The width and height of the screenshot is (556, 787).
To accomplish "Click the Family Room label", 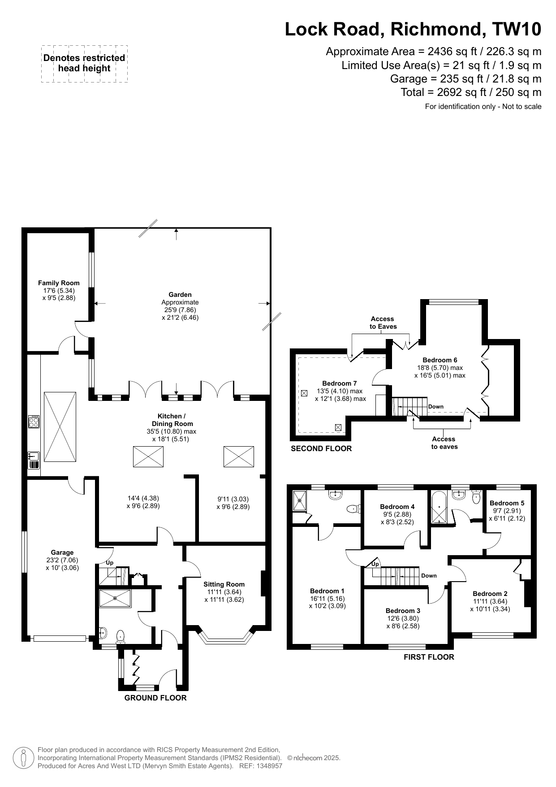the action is [x=59, y=283].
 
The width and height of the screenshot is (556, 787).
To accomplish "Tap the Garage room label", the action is [x=62, y=552].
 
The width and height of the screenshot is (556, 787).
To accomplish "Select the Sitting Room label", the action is [x=224, y=584].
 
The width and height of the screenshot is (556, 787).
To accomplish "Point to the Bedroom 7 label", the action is [x=340, y=383].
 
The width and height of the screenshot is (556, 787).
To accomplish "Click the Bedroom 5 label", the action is [x=507, y=503].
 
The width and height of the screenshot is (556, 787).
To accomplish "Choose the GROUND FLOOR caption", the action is [x=155, y=698].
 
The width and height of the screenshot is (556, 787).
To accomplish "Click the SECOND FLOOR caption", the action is [x=321, y=448].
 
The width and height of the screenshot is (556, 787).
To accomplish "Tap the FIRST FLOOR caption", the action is [x=429, y=657].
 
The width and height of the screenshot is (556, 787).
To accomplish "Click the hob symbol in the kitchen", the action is [x=34, y=422].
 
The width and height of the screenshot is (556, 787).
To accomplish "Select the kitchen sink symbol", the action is [x=34, y=460].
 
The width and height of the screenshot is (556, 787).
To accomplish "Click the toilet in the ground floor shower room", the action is [x=120, y=636].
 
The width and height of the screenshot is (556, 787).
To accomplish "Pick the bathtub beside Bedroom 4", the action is [x=439, y=507].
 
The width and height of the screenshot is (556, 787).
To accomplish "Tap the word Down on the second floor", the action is [x=436, y=407].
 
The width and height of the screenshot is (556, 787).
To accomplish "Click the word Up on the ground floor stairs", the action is [x=110, y=563].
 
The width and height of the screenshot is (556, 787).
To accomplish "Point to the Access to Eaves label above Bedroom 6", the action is [x=383, y=323].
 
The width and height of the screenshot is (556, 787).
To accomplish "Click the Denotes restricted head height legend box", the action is [x=84, y=64].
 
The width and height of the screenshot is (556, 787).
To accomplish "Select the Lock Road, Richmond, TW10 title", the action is [x=413, y=29].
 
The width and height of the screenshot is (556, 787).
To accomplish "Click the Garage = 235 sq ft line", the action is [x=466, y=79].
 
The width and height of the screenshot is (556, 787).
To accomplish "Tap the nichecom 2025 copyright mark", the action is [x=314, y=758].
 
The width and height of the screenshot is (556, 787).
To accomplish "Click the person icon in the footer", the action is [x=24, y=758].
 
